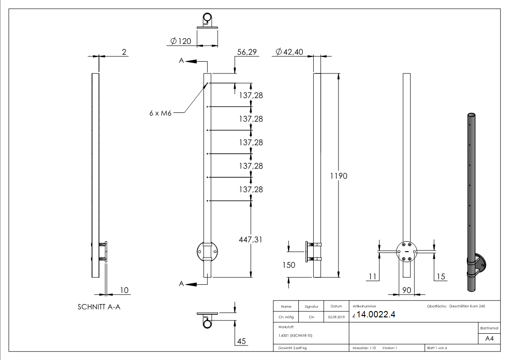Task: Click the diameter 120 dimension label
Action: tap(180, 41)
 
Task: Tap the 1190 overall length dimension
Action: tap(338, 176)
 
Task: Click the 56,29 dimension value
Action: tap(247, 53)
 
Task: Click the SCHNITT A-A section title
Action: tap(99, 306)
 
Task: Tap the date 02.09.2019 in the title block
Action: tap(336, 317)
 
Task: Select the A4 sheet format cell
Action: tap(489, 339)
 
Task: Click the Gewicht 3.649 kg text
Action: tap(293, 348)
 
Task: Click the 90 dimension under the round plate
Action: tap(407, 290)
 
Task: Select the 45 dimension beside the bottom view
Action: tap(242, 342)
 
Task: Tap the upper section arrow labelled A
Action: tap(190, 61)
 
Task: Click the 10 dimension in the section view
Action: tap(123, 290)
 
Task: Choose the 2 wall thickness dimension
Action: tap(124, 53)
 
